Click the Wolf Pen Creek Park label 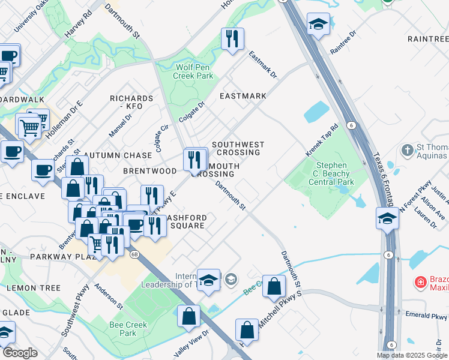tap(193, 72)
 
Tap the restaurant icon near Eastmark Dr tap(232, 40)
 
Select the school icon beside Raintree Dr tap(318, 25)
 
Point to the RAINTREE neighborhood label tap(427, 38)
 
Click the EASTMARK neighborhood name tap(243, 96)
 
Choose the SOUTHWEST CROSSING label tap(238, 148)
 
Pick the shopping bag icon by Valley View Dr tap(188, 316)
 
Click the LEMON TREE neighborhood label tap(34, 288)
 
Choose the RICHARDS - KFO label tap(131, 102)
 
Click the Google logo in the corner tap(20, 353)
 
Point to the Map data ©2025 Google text tap(412, 355)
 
